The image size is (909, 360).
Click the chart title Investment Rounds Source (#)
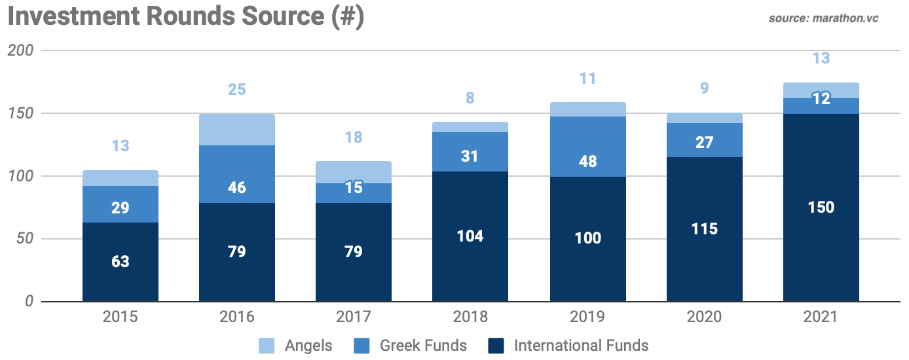point(185,16)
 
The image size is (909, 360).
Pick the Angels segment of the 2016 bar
point(236,130)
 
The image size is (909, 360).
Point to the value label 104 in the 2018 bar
point(470,236)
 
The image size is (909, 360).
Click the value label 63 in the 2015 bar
point(120,262)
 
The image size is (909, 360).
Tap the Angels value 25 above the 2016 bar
point(236,89)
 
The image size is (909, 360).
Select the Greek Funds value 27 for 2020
point(704,142)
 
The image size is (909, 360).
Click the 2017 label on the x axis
point(353,317)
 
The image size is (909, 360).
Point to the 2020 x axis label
point(704,317)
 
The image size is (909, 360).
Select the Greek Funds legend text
point(423,345)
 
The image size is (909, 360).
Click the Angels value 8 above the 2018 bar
point(470,98)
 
